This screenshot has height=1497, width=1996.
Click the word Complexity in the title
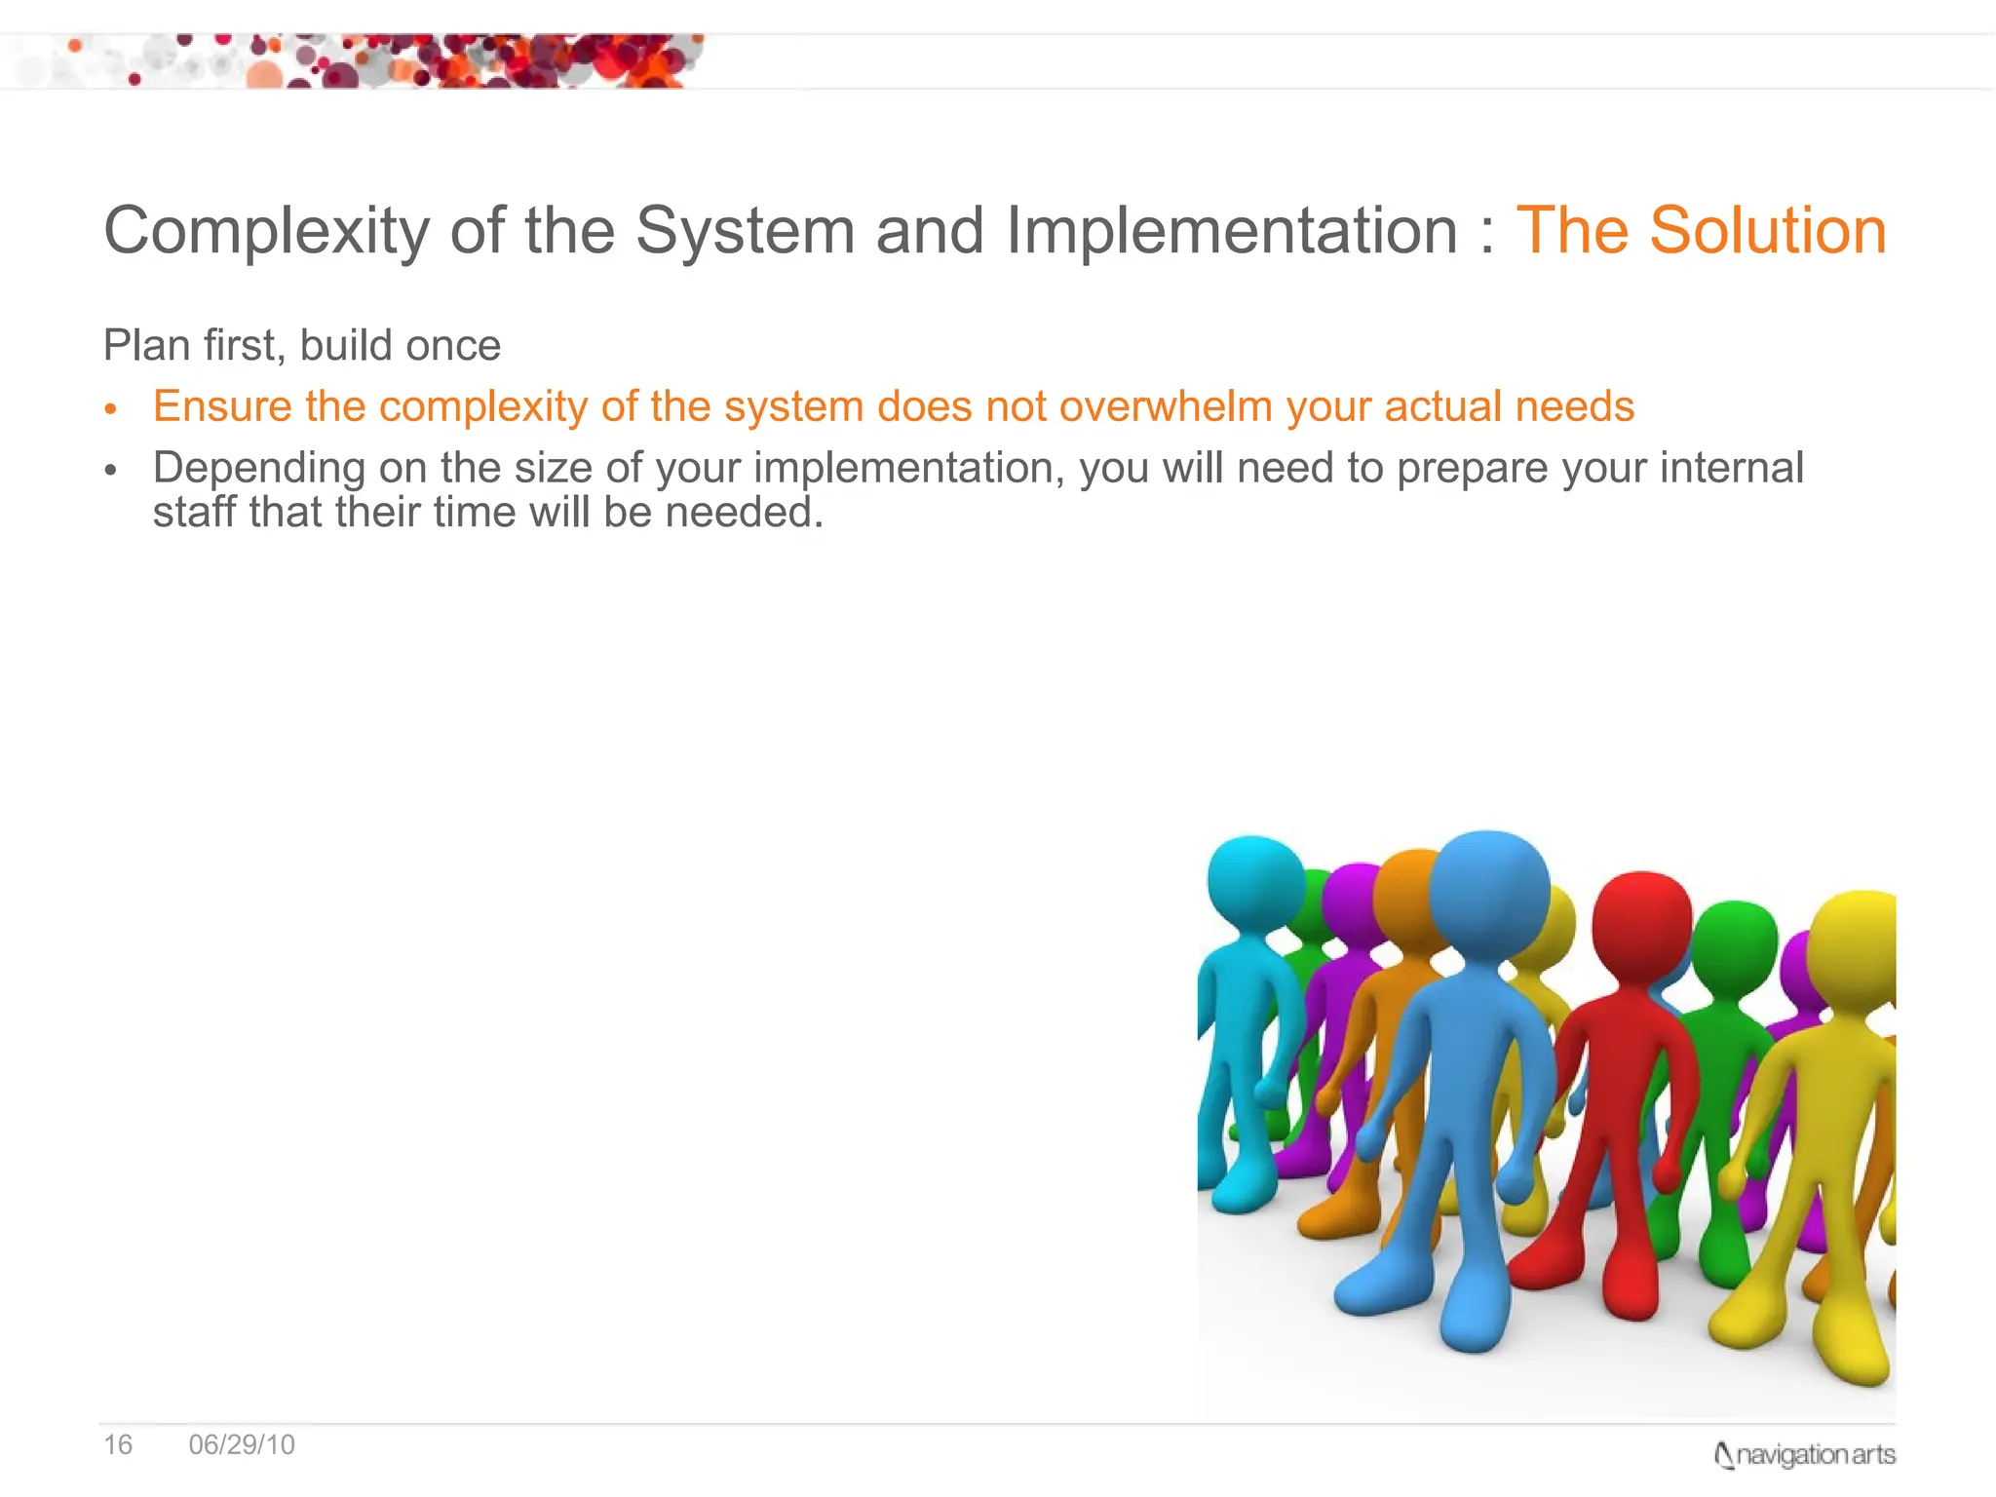(266, 232)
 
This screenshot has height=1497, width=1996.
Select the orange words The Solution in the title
(1701, 231)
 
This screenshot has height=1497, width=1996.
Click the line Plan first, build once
(302, 346)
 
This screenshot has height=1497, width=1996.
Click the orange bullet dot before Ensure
(111, 409)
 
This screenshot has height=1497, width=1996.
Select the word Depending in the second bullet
(258, 469)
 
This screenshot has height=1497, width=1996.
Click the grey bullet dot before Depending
(111, 471)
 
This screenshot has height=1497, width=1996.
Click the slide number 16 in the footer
(118, 1444)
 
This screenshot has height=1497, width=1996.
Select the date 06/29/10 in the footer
(242, 1444)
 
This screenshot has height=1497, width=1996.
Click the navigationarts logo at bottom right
(1804, 1455)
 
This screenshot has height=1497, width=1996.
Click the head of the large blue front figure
(1488, 892)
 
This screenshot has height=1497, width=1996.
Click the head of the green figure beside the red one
(1734, 945)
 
